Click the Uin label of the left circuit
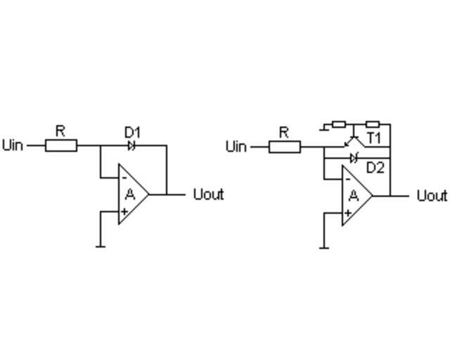point(13,146)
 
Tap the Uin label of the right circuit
point(237,146)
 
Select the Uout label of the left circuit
point(208,194)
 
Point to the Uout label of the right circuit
point(432,195)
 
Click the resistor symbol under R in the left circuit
point(61,146)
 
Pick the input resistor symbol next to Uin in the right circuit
point(285,146)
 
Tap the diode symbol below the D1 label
point(131,146)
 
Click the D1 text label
point(132,132)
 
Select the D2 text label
point(375,168)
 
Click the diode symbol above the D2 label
point(354,157)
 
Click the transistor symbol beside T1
point(354,141)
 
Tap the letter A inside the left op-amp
point(130,195)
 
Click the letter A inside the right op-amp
point(354,195)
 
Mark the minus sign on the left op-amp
point(124,177)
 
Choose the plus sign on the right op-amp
point(347,212)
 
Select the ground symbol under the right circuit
point(324,247)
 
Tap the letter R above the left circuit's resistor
point(60,131)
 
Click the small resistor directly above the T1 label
point(373,124)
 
